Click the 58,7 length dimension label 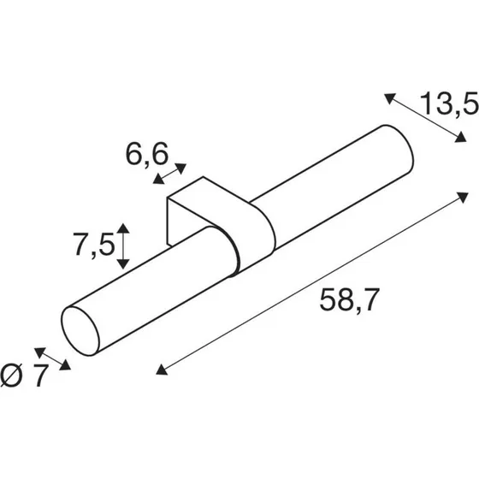pyautogui.click(x=350, y=299)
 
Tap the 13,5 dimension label pyautogui.click(x=449, y=103)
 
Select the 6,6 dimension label pyautogui.click(x=147, y=154)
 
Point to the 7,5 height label pyautogui.click(x=94, y=245)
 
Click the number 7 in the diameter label pyautogui.click(x=41, y=376)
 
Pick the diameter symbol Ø pyautogui.click(x=12, y=376)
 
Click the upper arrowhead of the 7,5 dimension pyautogui.click(x=123, y=228)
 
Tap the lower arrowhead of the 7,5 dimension pyautogui.click(x=123, y=263)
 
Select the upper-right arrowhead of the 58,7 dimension pyautogui.click(x=462, y=197)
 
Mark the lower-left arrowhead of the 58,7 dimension pyautogui.click(x=162, y=370)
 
